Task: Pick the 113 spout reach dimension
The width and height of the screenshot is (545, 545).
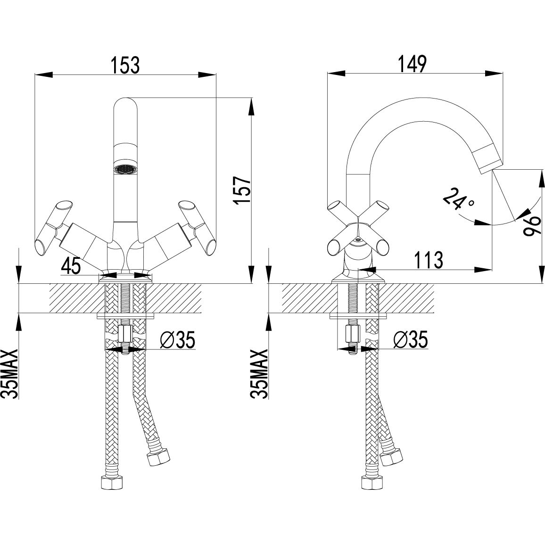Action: [428, 260]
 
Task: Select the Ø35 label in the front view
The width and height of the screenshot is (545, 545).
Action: [177, 339]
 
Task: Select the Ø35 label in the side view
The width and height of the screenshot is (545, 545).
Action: [410, 339]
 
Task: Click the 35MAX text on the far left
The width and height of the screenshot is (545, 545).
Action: [10, 374]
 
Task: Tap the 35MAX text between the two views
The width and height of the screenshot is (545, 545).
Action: [260, 374]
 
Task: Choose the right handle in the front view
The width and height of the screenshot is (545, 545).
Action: [196, 227]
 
